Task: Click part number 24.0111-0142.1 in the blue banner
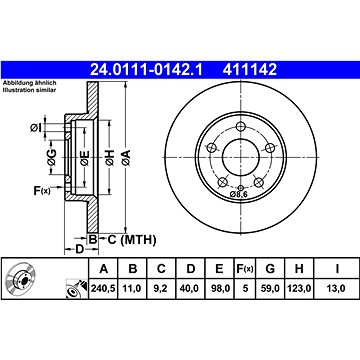click(x=146, y=70)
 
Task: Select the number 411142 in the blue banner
click(x=250, y=70)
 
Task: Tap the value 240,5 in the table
click(x=103, y=288)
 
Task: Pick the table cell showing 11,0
click(x=133, y=288)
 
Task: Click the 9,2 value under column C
click(x=161, y=288)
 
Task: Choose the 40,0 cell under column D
click(x=190, y=288)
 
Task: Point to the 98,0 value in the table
click(x=219, y=288)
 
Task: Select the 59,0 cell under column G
click(x=270, y=288)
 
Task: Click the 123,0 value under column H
click(x=299, y=288)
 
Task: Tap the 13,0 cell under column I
click(x=337, y=288)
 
